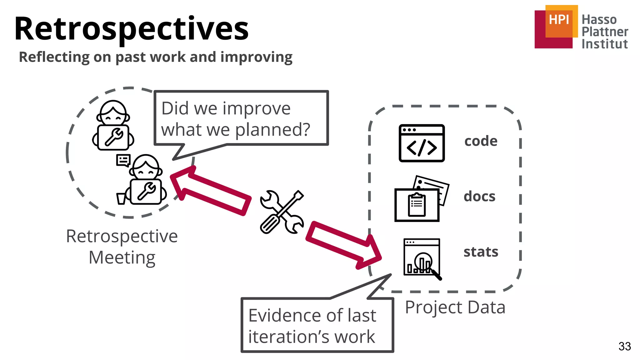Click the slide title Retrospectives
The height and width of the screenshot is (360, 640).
(131, 29)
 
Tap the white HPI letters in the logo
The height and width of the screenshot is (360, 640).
(559, 20)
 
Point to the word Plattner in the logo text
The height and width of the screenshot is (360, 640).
(605, 32)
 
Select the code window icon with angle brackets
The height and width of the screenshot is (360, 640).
(422, 143)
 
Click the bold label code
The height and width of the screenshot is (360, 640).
(481, 141)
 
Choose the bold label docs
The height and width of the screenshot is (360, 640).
(479, 197)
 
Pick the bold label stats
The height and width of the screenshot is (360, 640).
(481, 252)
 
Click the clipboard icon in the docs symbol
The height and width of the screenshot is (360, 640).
(417, 205)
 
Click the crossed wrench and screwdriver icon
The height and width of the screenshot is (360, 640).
(282, 212)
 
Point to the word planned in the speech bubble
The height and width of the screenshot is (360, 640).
(272, 129)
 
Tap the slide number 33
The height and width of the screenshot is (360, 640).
(624, 346)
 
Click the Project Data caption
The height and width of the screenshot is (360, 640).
(455, 307)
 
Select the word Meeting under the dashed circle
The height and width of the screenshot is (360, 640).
(122, 257)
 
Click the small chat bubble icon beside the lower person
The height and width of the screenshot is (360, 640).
(123, 161)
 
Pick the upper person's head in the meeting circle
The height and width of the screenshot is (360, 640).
(113, 113)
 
